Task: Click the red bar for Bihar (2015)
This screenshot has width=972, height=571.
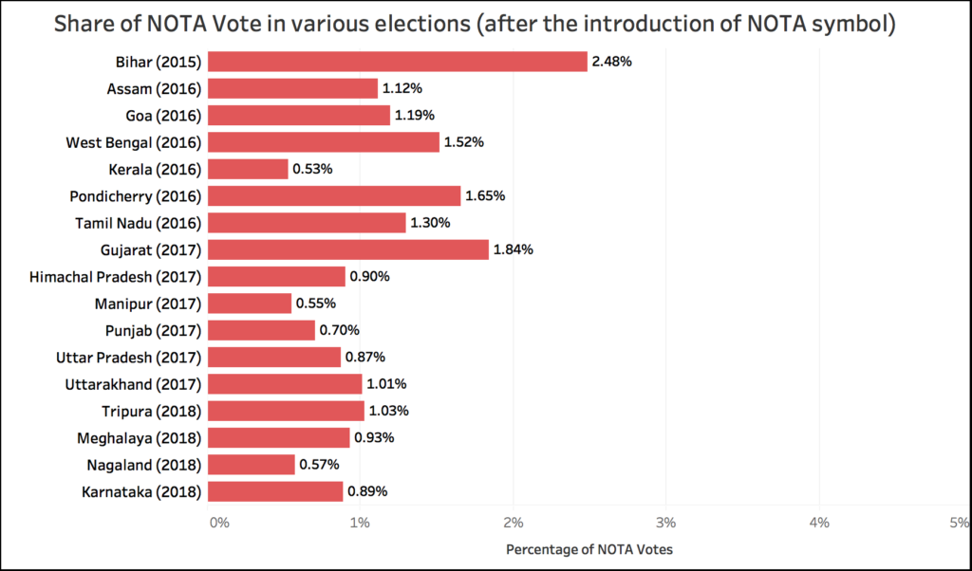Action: click(397, 62)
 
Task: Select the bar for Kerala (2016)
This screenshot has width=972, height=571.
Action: click(248, 169)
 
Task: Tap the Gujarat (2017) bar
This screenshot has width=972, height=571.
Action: click(347, 249)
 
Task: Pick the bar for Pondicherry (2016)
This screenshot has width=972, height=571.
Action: click(333, 196)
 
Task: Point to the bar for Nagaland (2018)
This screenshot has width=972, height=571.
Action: click(251, 465)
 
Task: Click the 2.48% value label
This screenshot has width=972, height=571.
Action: click(611, 62)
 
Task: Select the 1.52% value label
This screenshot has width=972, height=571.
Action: click(464, 142)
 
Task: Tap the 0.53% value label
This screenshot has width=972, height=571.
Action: click(312, 169)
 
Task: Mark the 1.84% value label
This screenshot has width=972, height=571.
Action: click(513, 249)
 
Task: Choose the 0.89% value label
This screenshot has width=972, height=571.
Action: click(367, 491)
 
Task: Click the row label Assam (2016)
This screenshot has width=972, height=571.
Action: click(153, 88)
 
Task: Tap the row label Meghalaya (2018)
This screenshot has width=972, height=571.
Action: click(139, 438)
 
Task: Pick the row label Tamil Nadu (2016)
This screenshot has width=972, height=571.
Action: click(137, 223)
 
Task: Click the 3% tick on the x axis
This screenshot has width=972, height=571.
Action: click(665, 522)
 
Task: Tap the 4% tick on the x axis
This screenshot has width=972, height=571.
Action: click(818, 522)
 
